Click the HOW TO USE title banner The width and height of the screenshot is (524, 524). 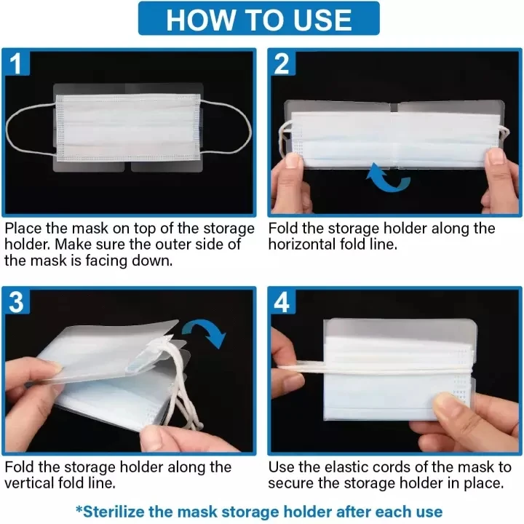pos(258,18)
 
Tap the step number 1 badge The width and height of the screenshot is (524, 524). pos(16,63)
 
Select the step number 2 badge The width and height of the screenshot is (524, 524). pos(282,63)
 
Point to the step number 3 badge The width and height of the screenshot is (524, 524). pos(16,302)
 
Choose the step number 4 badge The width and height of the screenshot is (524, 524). pos(282,302)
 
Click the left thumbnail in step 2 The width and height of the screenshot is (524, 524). pos(293,159)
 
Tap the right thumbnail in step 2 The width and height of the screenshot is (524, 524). pos(495,156)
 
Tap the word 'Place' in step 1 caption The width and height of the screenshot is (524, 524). pos(23,229)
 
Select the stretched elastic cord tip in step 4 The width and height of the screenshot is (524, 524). pos(284,367)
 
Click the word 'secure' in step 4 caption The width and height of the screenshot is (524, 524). pos(290,483)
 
